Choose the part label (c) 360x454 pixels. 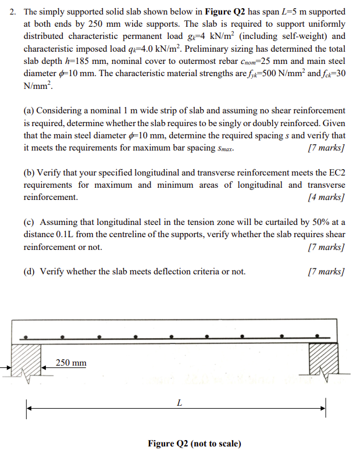[x=30, y=222]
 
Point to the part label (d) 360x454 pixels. [x=30, y=271]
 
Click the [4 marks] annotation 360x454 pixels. [x=326, y=197]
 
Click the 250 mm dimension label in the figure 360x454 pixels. [x=71, y=363]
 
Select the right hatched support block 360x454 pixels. [x=323, y=360]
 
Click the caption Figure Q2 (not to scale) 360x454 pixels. [x=194, y=444]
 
